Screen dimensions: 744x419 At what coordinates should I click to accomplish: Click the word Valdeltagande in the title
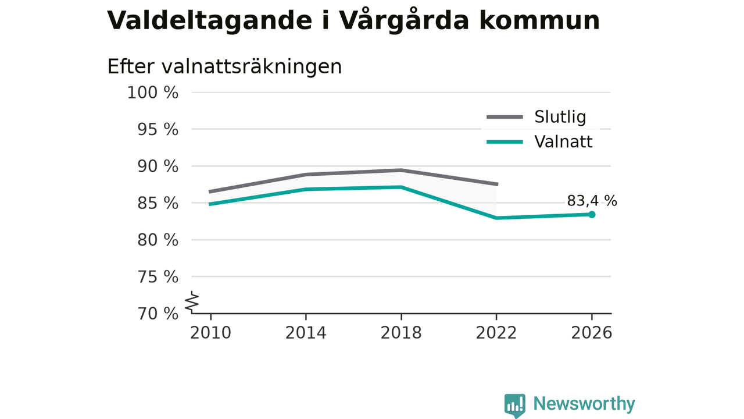coord(210,21)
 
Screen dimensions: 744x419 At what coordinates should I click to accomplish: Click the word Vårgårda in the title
coord(403,21)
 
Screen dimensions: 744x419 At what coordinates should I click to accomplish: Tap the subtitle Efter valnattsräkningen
coord(224,66)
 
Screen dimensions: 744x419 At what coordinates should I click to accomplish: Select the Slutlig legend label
coord(560,117)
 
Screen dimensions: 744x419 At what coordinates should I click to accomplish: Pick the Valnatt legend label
coord(563,141)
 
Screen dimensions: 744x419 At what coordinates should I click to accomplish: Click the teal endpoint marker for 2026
coord(592,215)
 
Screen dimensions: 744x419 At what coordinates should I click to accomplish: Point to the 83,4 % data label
coord(592,201)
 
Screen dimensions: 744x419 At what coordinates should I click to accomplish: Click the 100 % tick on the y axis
coord(153,93)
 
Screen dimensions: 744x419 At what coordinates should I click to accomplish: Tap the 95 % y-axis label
coord(158,129)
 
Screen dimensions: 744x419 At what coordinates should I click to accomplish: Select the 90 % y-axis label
coord(158,166)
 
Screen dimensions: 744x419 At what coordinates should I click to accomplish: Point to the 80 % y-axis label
coord(158,240)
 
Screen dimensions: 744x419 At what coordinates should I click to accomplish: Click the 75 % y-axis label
coord(158,277)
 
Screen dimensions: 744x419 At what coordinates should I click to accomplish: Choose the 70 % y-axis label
coord(158,314)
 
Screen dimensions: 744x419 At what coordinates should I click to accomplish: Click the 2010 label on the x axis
coord(210,333)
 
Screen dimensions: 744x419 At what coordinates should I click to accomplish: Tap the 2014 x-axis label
coord(306,333)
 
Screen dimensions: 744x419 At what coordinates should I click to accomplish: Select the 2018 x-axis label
coord(401,333)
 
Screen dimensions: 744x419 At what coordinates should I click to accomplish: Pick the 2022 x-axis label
coord(496,333)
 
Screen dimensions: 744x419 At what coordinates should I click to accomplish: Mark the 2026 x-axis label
coord(592,333)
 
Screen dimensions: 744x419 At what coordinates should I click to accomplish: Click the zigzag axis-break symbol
coord(192,302)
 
